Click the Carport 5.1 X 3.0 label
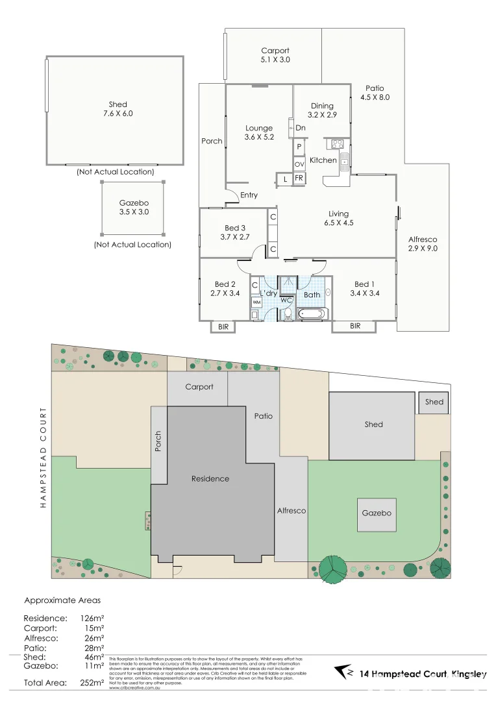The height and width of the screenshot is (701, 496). click(275, 55)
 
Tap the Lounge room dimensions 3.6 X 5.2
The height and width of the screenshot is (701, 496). click(259, 138)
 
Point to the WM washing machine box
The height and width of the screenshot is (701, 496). click(256, 302)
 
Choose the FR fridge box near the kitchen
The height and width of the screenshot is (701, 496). click(299, 178)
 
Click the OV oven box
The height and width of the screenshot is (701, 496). click(299, 165)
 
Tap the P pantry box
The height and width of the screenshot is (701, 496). click(299, 147)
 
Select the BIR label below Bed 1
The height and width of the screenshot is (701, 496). click(355, 326)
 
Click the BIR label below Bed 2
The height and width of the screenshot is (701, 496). click(223, 326)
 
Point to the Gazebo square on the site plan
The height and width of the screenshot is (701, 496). click(377, 513)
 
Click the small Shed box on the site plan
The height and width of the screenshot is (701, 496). click(434, 402)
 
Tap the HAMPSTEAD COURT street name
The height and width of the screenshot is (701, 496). click(43, 457)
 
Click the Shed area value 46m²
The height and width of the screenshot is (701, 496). click(94, 657)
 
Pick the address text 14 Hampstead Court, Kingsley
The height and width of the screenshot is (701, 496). click(422, 675)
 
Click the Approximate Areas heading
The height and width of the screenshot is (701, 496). click(62, 600)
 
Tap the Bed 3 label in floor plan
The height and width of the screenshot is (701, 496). click(235, 232)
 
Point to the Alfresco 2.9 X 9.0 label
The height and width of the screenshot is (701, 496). click(423, 244)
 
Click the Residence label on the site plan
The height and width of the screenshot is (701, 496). click(210, 479)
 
